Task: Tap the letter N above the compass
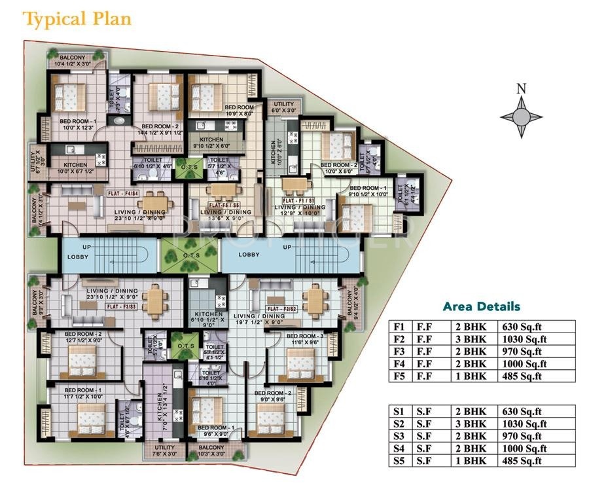point(521,89)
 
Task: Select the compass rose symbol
point(521,117)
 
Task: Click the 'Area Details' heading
point(482,306)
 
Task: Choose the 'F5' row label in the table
point(399,376)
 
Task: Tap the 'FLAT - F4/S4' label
point(124,194)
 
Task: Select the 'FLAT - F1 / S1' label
point(299,200)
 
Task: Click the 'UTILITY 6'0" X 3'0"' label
point(284,107)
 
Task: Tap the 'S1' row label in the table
point(399,411)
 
